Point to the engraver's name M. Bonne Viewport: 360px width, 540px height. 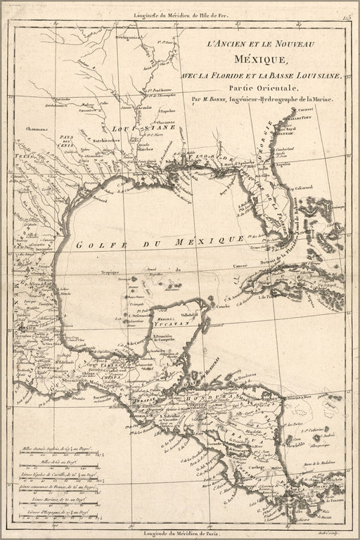217,100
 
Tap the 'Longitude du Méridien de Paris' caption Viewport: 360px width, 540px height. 180,533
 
